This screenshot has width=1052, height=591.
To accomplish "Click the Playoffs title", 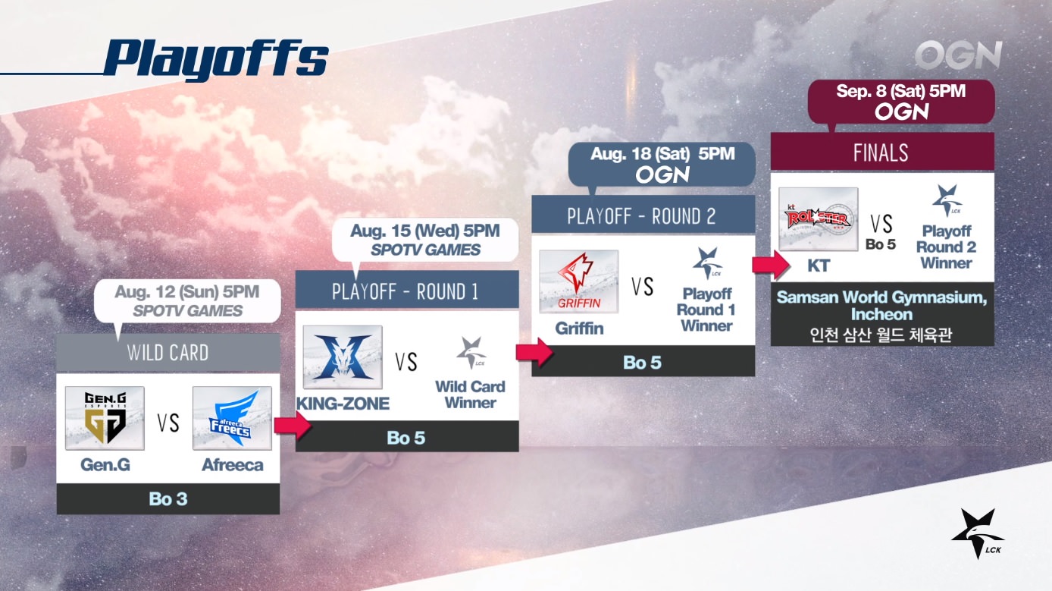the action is coord(216,58).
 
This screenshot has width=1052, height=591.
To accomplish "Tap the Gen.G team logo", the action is coord(105,418).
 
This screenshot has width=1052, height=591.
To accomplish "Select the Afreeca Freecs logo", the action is coord(232,418).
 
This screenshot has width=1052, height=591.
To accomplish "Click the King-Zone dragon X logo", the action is coord(343,357).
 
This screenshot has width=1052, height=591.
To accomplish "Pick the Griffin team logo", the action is coord(578,281).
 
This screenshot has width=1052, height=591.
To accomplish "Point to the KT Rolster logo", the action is coord(818,219).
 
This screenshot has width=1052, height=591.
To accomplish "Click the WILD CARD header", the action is coord(168,353).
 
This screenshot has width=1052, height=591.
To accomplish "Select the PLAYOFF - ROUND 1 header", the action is coord(407,291).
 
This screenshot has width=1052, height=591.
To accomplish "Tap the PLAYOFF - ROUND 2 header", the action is coord(643,215).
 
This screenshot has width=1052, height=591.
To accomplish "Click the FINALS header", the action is coord(882,152).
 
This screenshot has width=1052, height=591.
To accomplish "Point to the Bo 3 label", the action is coord(168,499).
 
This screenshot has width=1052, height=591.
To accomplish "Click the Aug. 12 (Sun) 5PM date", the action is coord(187,292).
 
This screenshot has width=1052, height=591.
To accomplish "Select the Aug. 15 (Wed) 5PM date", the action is coord(425,231).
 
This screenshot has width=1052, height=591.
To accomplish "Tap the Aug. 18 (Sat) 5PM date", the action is coord(662,154).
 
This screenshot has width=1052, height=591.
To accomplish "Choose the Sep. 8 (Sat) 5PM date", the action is coord(900,91).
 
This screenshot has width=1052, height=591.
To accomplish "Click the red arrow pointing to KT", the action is coord(771,265).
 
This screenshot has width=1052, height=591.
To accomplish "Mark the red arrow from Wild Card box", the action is coord(293,426).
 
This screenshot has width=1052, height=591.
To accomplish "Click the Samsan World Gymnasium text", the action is coord(881,306).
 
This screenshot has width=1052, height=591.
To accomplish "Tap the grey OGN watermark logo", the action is coord(958,55).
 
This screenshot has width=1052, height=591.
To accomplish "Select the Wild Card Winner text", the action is coord(470,395).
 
